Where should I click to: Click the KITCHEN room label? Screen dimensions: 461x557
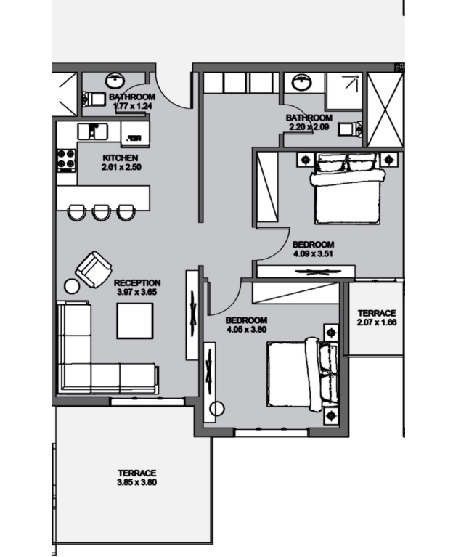coord(120,158)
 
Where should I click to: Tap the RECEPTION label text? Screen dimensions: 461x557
coord(137,283)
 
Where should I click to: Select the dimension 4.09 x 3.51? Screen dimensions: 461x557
coord(313,253)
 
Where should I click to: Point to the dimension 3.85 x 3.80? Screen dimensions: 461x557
coord(136,482)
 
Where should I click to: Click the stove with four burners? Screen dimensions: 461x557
coord(66,160)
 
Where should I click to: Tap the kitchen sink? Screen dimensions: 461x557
coord(92,131)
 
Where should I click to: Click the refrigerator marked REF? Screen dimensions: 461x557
coord(135,133)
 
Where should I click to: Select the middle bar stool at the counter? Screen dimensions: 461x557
coord(101,213)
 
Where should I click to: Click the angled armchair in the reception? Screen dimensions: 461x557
coord(94,269)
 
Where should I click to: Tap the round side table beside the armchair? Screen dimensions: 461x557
coord(72,286)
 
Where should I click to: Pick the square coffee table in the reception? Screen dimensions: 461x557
coord(135,321)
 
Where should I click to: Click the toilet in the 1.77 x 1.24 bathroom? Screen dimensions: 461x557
coord(94,99)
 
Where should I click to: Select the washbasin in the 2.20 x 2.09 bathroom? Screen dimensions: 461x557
coord(302,83)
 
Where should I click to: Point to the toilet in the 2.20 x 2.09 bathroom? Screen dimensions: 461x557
coord(350,129)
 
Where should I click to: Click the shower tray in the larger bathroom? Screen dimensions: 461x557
coord(344,92)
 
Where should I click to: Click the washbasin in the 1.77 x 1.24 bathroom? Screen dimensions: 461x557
coord(115,81)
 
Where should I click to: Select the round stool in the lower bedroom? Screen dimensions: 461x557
coord(217,409)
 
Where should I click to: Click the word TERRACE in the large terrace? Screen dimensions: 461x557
coord(137,473)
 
